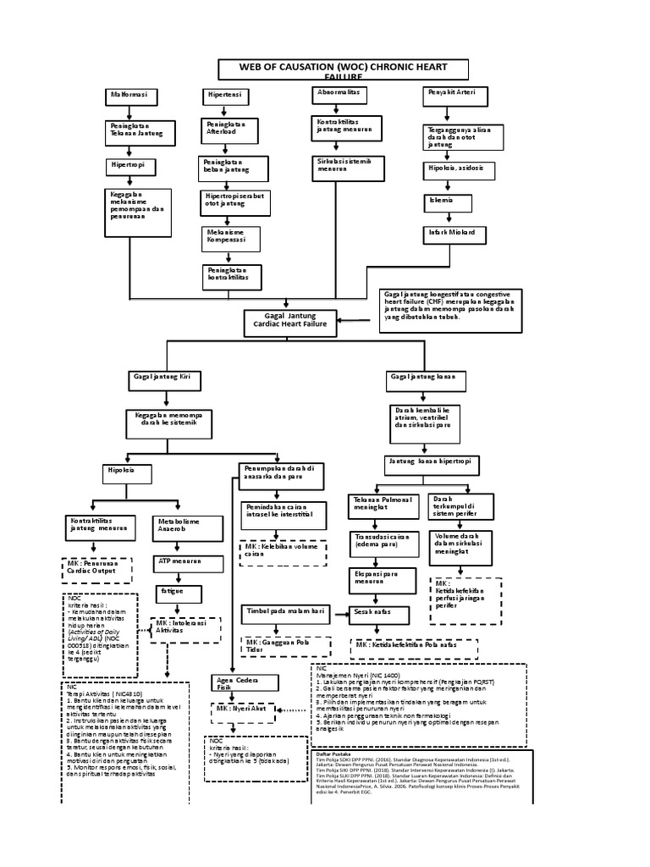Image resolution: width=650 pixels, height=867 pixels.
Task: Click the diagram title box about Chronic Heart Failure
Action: (x=342, y=69)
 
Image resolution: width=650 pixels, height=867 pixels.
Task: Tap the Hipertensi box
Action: (x=226, y=95)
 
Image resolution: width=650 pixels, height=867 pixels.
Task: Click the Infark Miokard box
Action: (x=457, y=233)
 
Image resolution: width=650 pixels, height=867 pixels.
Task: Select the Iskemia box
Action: (x=443, y=202)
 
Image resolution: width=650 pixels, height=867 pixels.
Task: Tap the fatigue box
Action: (x=179, y=591)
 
